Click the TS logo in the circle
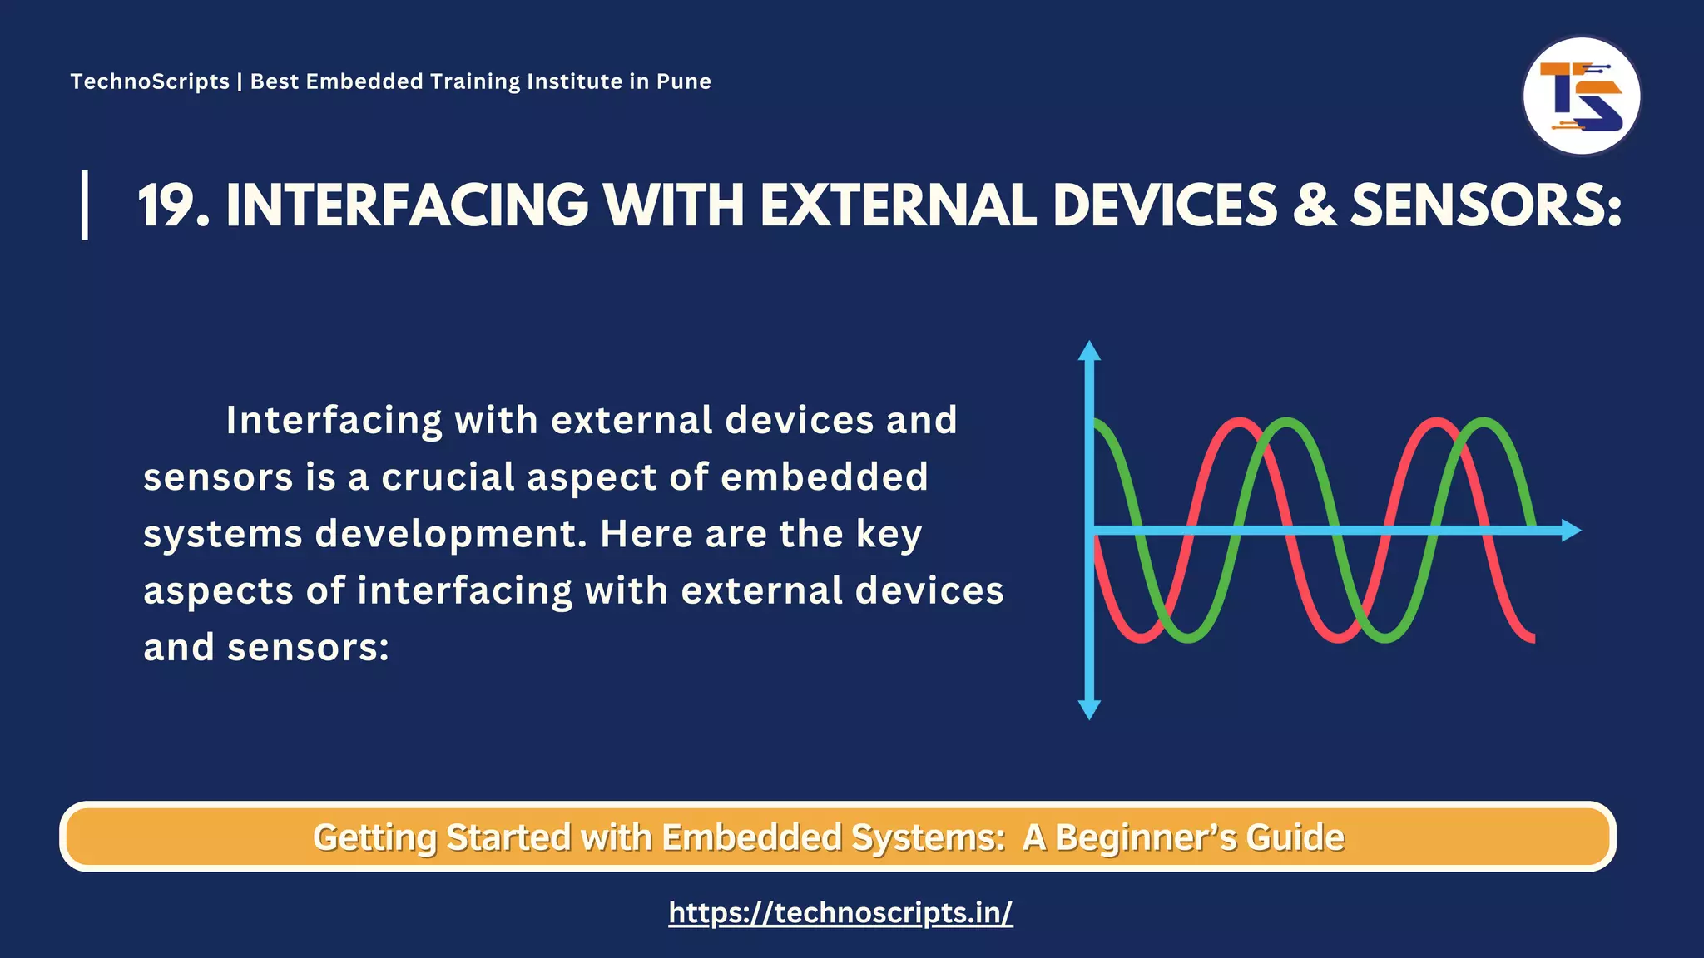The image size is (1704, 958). click(1581, 96)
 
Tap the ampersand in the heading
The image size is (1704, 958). click(1314, 205)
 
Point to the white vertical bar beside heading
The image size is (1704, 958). click(85, 205)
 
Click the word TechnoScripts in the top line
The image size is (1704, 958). click(150, 81)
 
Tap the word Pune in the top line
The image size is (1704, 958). click(683, 81)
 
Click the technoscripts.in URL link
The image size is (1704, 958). click(840, 912)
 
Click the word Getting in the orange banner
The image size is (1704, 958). click(374, 837)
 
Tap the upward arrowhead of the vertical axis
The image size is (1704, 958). click(1089, 350)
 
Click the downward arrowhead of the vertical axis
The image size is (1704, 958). click(1089, 709)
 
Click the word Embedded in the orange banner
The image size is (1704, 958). click(751, 837)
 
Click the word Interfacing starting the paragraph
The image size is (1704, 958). click(334, 421)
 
